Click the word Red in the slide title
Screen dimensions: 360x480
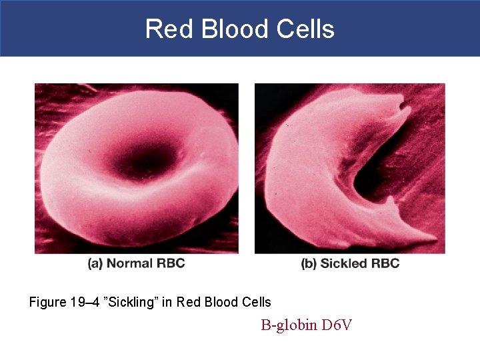coord(162,29)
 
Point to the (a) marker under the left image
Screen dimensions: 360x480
coord(95,263)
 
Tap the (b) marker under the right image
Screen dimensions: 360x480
coord(309,263)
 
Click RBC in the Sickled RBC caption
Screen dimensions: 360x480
coord(385,263)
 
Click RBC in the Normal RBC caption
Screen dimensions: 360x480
coord(171,263)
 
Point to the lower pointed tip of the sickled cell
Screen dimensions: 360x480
coord(427,239)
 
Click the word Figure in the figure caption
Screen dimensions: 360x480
coord(47,302)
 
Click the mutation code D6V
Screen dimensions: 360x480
coord(337,325)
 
